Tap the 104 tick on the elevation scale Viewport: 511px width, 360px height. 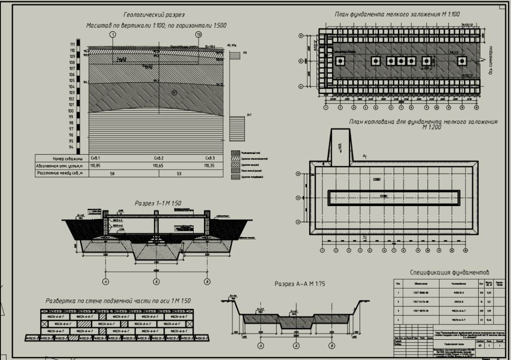[x=72, y=86]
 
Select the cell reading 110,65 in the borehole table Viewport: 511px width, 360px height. [x=157, y=166]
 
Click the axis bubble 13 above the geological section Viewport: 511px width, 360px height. [x=198, y=35]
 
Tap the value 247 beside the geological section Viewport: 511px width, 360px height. [x=249, y=115]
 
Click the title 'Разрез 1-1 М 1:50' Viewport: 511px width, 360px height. [x=158, y=203]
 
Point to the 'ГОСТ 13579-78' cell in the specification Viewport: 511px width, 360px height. [x=421, y=310]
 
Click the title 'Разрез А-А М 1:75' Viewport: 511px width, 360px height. [x=300, y=284]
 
